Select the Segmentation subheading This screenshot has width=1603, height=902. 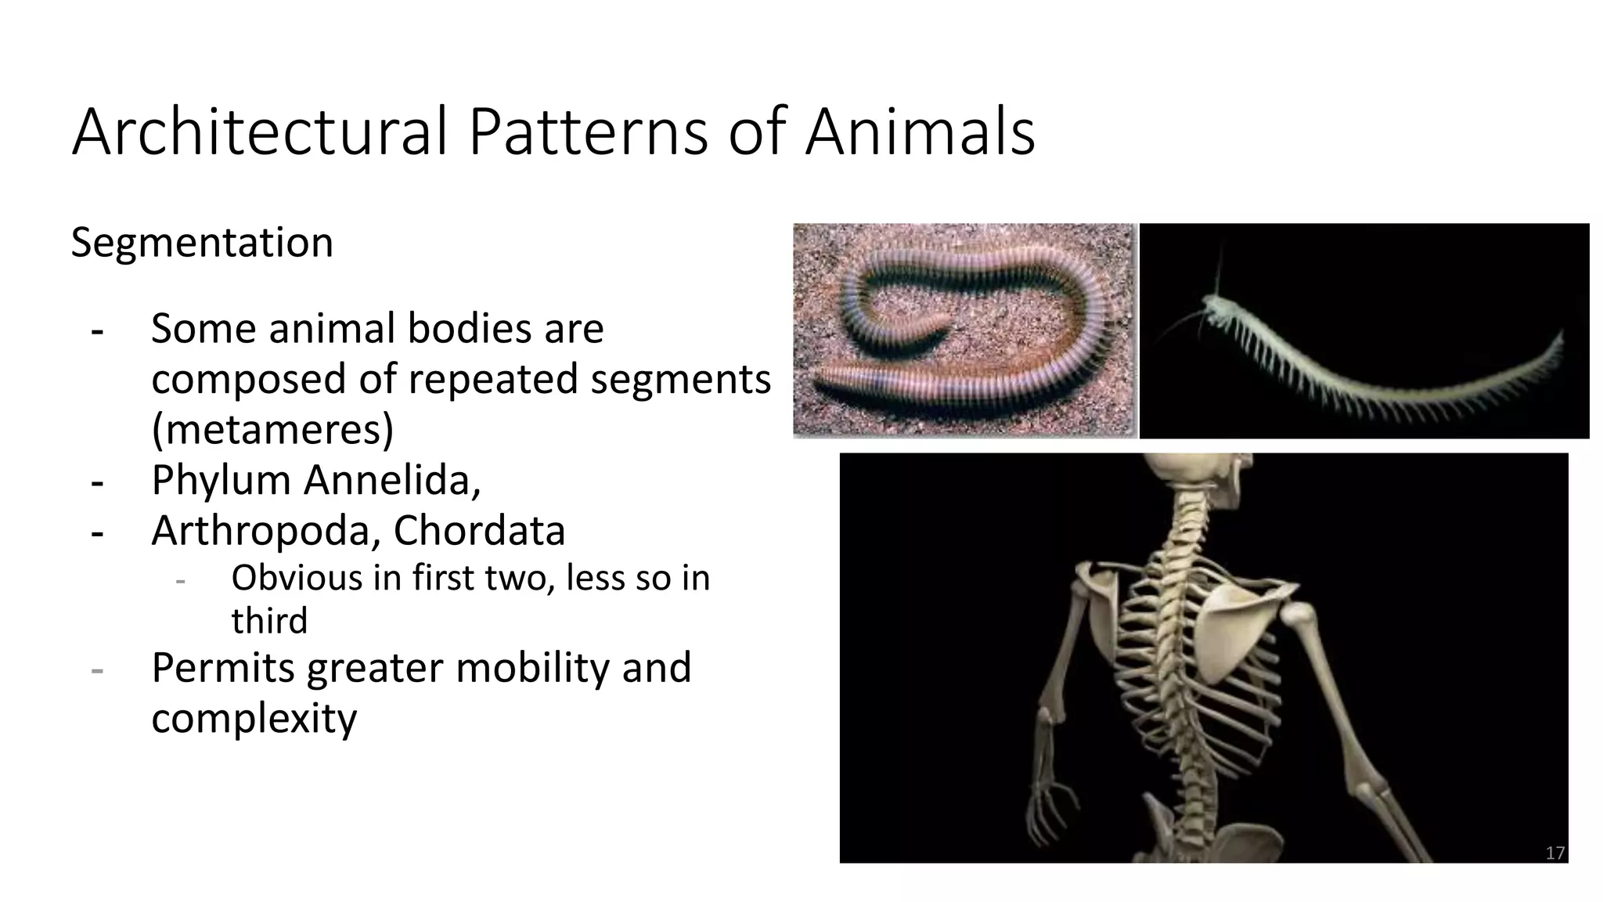tap(202, 242)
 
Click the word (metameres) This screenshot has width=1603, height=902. tap(272, 429)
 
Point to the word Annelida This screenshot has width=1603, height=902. tap(392, 479)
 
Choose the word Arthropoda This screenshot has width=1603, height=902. tap(266, 530)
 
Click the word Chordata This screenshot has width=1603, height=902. tap(479, 530)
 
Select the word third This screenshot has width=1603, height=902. tap(269, 620)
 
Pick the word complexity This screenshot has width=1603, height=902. tap(254, 718)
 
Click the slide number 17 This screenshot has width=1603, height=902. tap(1554, 853)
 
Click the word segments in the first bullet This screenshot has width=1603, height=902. tap(680, 379)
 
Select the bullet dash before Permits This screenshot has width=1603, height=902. tap(97, 669)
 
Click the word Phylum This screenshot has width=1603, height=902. tap(221, 479)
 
